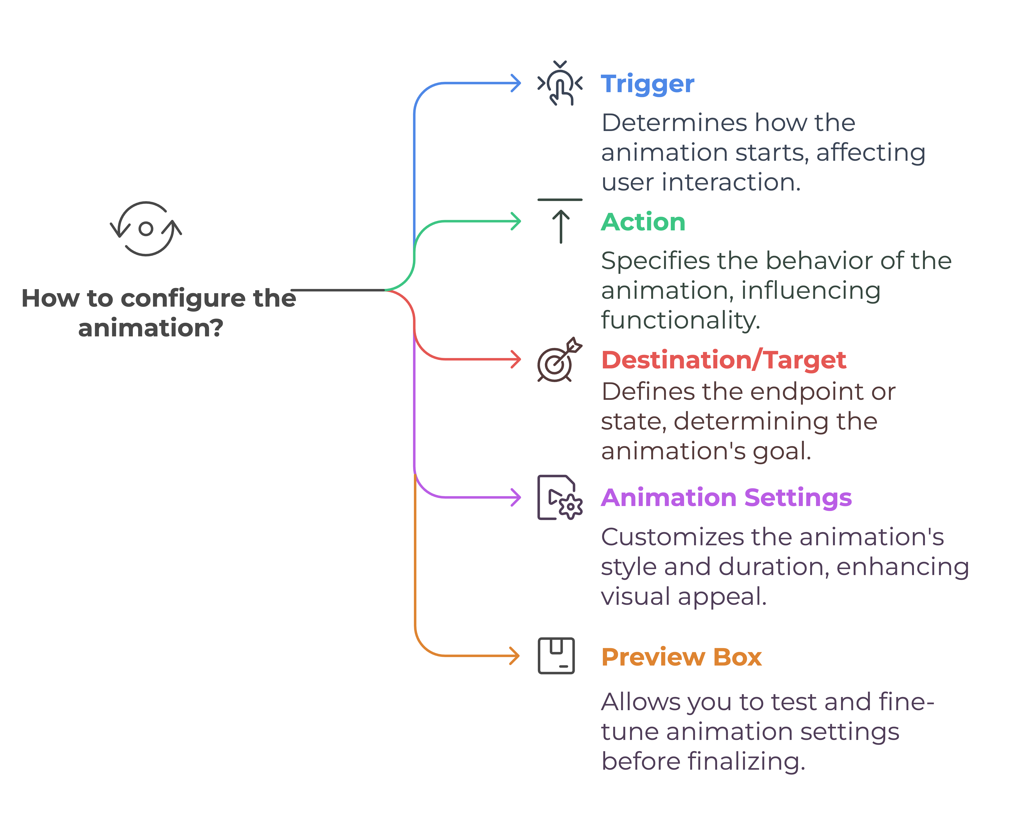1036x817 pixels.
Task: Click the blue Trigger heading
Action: click(647, 84)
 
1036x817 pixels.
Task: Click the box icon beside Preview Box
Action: click(556, 656)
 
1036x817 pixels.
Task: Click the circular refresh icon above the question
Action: click(146, 229)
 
